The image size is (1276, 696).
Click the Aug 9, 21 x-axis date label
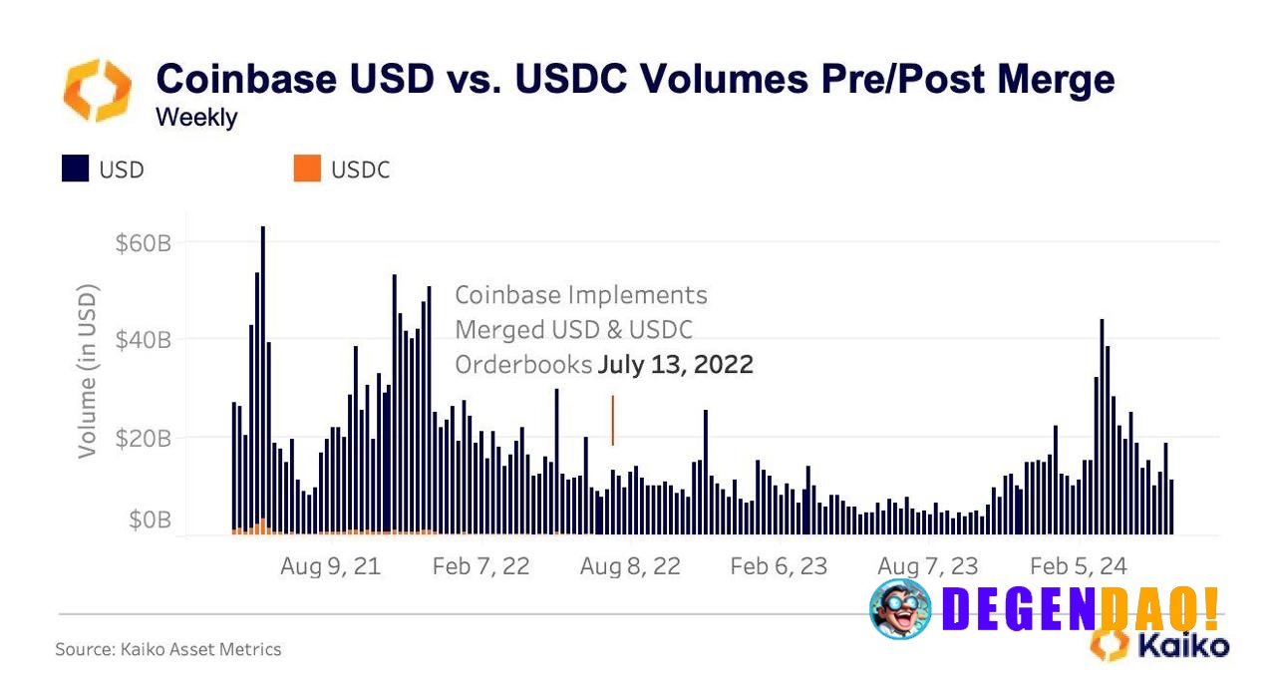(x=330, y=566)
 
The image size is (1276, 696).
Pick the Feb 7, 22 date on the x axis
(x=480, y=566)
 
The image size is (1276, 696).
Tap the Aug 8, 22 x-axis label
(x=630, y=566)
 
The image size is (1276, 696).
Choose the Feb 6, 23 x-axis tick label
(x=779, y=566)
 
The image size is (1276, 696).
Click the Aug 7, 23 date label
(x=928, y=566)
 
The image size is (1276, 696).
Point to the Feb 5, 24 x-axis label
(x=1079, y=566)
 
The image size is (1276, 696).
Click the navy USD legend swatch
(x=76, y=170)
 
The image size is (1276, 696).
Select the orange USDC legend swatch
(x=307, y=170)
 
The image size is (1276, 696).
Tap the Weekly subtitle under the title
(x=196, y=118)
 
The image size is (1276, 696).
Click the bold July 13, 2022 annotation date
(x=675, y=365)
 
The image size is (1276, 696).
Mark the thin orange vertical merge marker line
(x=612, y=420)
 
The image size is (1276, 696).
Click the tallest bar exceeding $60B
(x=263, y=379)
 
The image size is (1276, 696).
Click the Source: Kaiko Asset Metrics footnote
(x=168, y=649)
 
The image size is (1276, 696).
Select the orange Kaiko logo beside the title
(x=97, y=90)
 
